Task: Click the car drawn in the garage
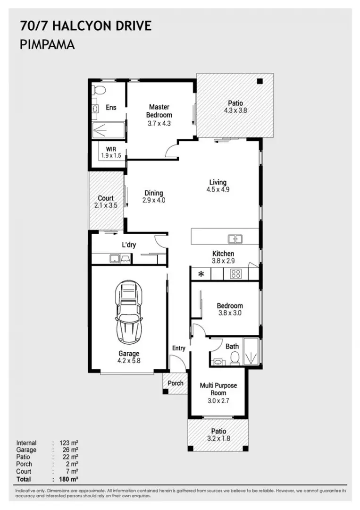coord(129,312)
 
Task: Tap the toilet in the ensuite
coord(99,89)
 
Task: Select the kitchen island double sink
coord(235,239)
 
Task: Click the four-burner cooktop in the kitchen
coord(236,274)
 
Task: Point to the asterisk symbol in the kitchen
coord(201,274)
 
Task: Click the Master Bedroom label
coord(159,111)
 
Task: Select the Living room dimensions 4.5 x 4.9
coord(218,190)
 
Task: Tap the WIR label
coord(111,149)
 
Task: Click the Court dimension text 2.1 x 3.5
coord(106,205)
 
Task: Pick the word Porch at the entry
coord(176,383)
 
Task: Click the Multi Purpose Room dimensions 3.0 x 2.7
coord(218,401)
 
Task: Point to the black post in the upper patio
coord(260,81)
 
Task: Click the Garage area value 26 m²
coord(70,450)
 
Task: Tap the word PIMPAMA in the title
coord(47,44)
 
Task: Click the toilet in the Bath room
coord(234,359)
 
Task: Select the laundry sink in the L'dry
coord(115,259)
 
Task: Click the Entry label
coord(178,348)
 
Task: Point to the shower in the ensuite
coord(108,131)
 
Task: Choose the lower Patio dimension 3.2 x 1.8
coord(218,438)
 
